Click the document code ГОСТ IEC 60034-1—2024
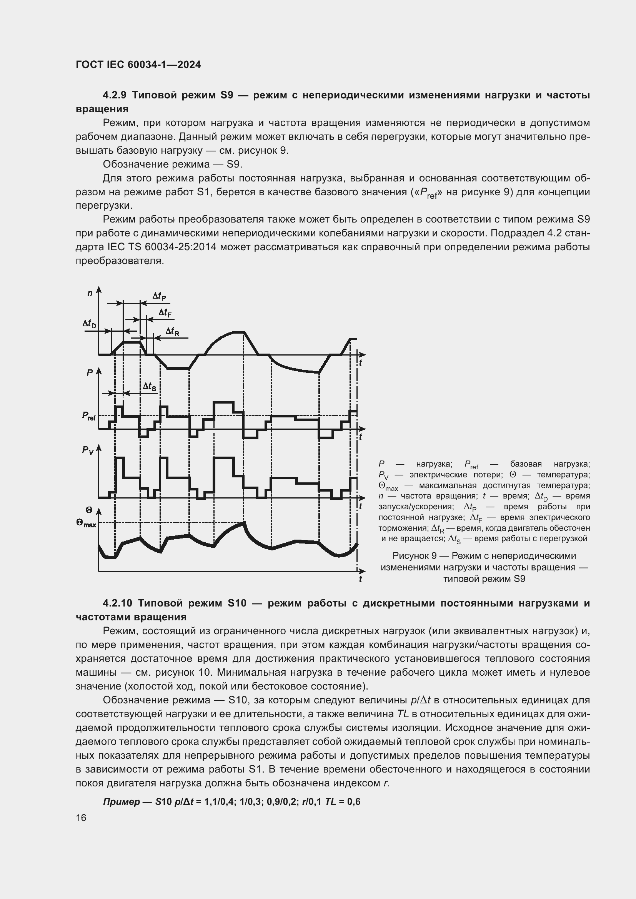pyautogui.click(x=138, y=65)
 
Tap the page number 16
pyautogui.click(x=81, y=818)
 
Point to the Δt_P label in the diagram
pyautogui.click(x=159, y=296)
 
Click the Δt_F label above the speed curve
pyautogui.click(x=165, y=313)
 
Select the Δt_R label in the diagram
pyautogui.click(x=172, y=332)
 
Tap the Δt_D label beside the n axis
pyautogui.click(x=89, y=324)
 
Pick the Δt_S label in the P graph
pyautogui.click(x=149, y=386)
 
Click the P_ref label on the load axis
pyautogui.click(x=88, y=415)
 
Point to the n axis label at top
pyautogui.click(x=90, y=293)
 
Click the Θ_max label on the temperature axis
pyautogui.click(x=86, y=523)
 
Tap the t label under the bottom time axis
pyautogui.click(x=360, y=579)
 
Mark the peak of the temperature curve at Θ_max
pyautogui.click(x=245, y=523)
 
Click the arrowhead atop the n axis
pyautogui.click(x=99, y=289)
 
